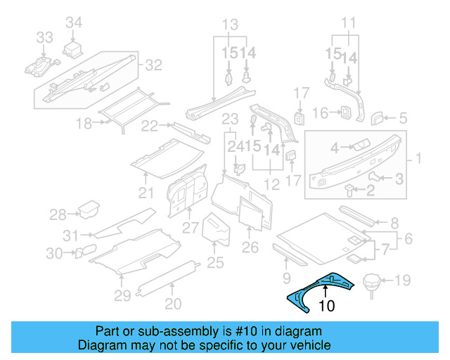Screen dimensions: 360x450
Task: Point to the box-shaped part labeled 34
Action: [x=74, y=49]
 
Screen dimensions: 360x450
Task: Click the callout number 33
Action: [x=44, y=37]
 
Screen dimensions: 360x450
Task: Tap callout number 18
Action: [x=84, y=124]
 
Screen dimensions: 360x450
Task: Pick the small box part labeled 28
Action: [x=89, y=210]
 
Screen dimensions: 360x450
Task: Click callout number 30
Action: [x=55, y=253]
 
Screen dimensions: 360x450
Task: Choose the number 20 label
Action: [x=173, y=304]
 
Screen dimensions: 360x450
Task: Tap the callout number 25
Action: [x=215, y=263]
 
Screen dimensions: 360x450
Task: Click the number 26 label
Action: [x=250, y=247]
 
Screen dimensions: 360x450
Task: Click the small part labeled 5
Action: [x=378, y=117]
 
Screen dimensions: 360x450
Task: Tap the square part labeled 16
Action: [x=345, y=113]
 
